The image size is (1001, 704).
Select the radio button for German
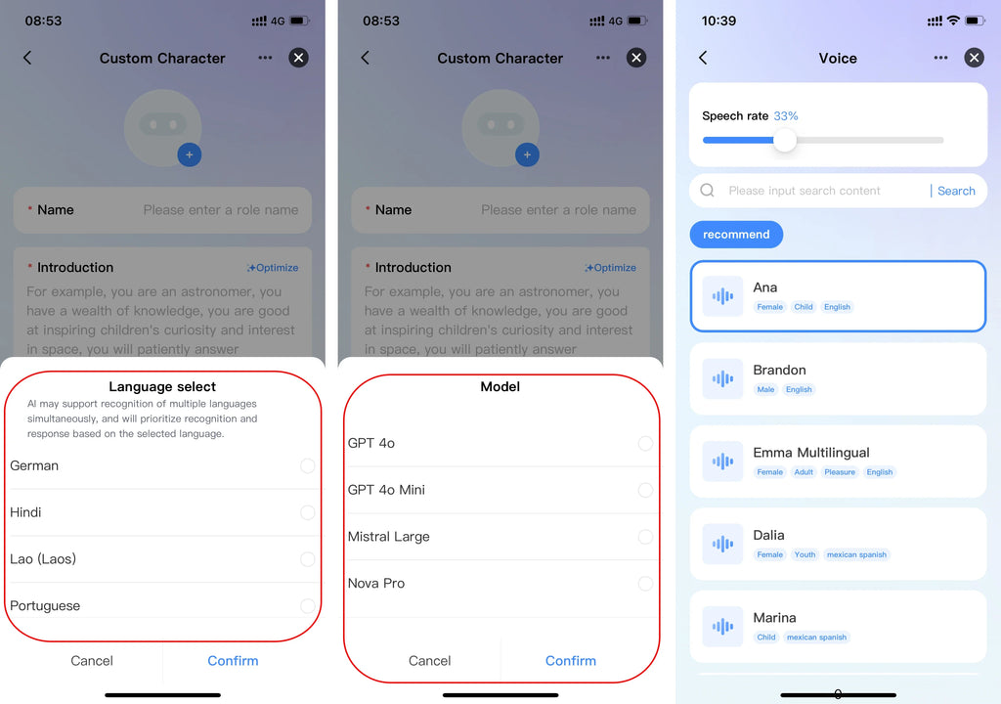pos(307,465)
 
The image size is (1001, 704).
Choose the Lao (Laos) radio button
pos(307,559)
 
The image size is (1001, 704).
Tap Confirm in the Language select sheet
pos(233,661)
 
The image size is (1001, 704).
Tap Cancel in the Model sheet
pos(430,661)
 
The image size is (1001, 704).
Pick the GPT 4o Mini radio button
pos(645,490)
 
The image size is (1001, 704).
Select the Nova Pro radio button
pos(645,584)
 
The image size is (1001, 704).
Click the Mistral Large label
pos(388,537)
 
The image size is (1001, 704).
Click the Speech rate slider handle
pos(785,140)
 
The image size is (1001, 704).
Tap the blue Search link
pos(956,191)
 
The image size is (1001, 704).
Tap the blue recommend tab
pos(736,235)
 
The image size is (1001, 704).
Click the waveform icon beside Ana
pos(722,296)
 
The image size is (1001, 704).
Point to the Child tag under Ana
pos(804,307)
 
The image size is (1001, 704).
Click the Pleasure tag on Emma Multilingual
pos(840,472)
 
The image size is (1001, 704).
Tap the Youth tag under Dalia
pos(805,554)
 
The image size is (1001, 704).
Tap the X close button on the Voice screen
pos(974,58)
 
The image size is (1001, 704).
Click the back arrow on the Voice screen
pos(703,58)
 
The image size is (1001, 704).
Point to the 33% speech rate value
pos(786,115)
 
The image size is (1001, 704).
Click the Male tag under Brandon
pos(765,389)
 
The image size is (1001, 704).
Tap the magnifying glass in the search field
pos(708,191)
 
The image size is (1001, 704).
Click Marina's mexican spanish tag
pos(816,637)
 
